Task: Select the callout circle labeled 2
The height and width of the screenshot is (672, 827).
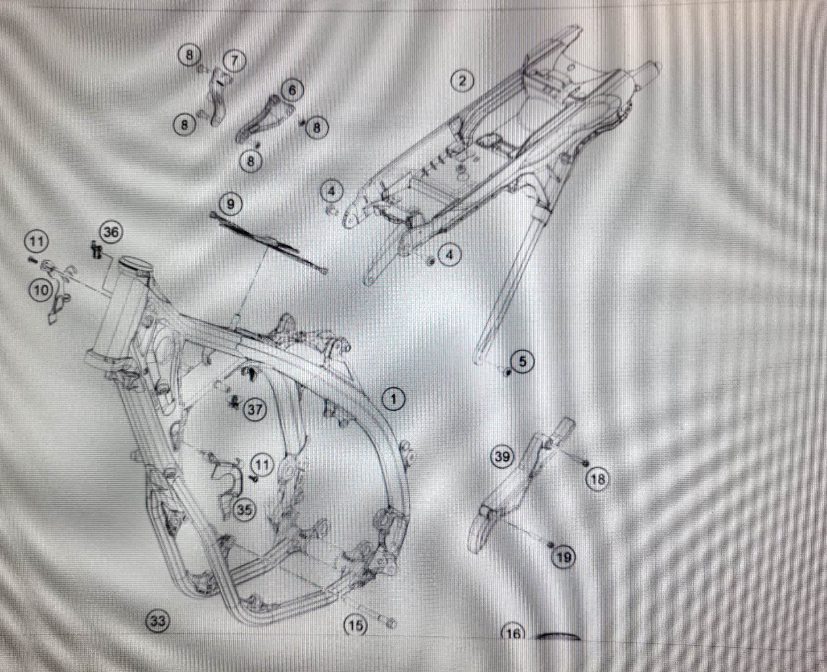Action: [462, 81]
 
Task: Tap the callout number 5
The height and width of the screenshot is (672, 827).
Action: [523, 362]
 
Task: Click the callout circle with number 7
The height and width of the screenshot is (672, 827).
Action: [234, 61]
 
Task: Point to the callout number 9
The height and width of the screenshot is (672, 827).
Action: [231, 204]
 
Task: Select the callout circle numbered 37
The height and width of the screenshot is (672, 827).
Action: [255, 410]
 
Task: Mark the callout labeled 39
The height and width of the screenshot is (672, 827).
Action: [502, 457]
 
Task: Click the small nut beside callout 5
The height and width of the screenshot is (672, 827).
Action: [508, 372]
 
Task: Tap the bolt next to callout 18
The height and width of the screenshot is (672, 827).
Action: [586, 462]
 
